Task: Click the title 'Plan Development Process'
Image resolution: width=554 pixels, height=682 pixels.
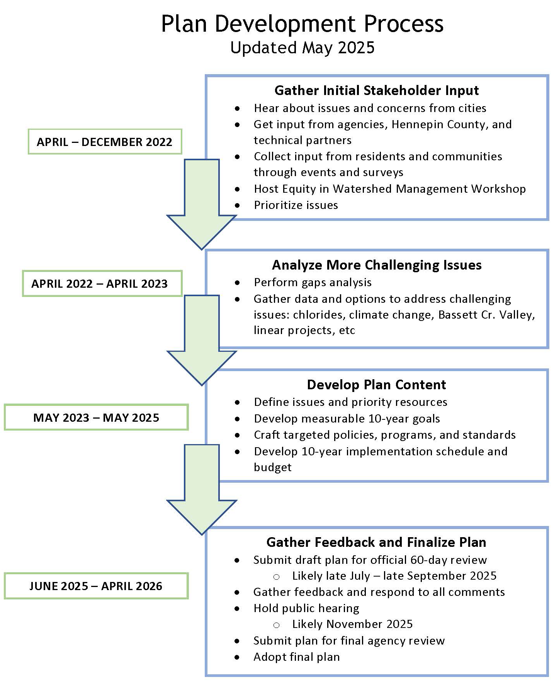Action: (302, 24)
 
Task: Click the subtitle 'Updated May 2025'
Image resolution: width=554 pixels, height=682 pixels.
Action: (302, 48)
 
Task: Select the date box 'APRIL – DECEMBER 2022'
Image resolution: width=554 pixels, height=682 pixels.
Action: (105, 142)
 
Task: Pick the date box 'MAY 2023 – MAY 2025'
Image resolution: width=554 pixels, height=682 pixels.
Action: (96, 417)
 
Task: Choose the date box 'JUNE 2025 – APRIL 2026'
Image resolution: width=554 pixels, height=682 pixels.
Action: (96, 586)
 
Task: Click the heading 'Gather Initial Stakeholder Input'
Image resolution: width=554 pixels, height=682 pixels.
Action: (376, 90)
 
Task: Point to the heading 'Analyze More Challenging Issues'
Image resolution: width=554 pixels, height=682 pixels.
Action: (377, 265)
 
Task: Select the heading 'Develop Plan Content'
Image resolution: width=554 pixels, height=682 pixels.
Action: (376, 385)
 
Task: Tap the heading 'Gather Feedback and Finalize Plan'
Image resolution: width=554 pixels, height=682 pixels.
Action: (376, 542)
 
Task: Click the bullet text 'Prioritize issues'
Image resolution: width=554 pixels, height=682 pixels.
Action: (296, 205)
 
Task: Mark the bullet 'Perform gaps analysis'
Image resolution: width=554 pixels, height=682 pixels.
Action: (313, 282)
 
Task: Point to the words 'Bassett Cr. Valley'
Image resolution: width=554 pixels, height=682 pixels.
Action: (486, 315)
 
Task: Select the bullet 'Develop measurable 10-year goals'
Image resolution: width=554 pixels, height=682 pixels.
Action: (347, 419)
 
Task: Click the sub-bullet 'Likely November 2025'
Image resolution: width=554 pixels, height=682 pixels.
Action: (352, 624)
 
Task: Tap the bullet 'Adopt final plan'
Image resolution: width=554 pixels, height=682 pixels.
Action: (296, 657)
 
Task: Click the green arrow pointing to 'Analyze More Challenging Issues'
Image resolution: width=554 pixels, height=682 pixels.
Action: (202, 209)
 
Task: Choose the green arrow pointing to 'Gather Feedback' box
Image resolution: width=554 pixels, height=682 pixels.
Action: (202, 494)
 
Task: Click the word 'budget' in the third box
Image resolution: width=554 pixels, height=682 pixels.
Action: (272, 467)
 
